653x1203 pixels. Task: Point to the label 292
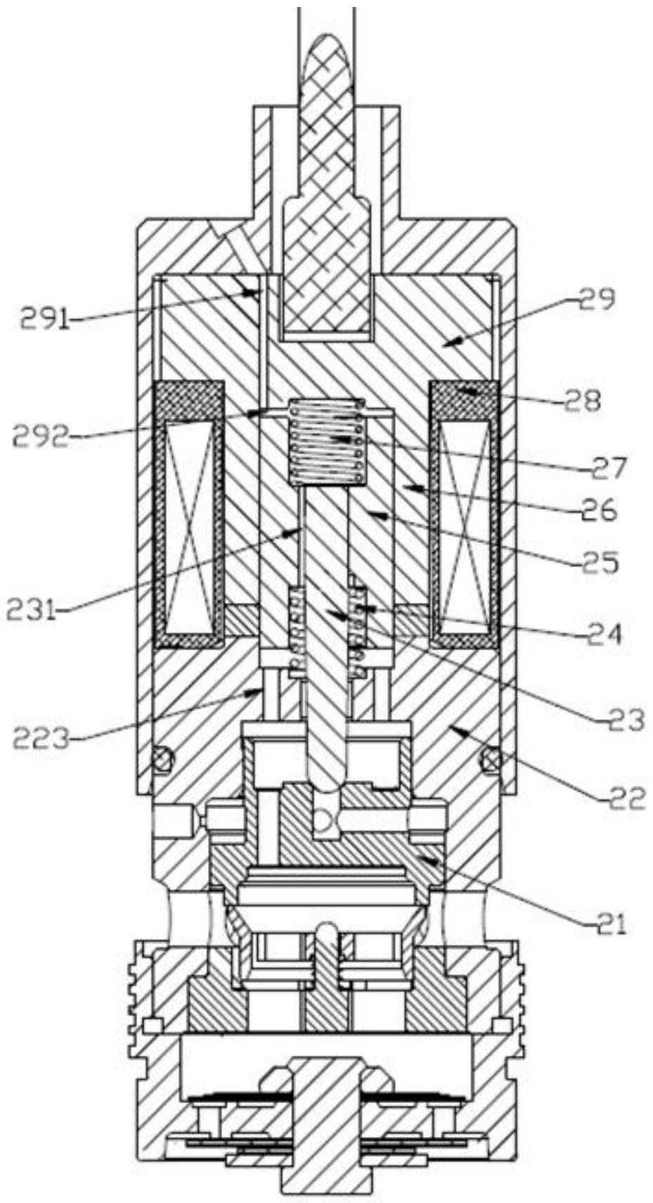(x=41, y=435)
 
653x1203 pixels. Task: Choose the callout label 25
(x=600, y=562)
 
